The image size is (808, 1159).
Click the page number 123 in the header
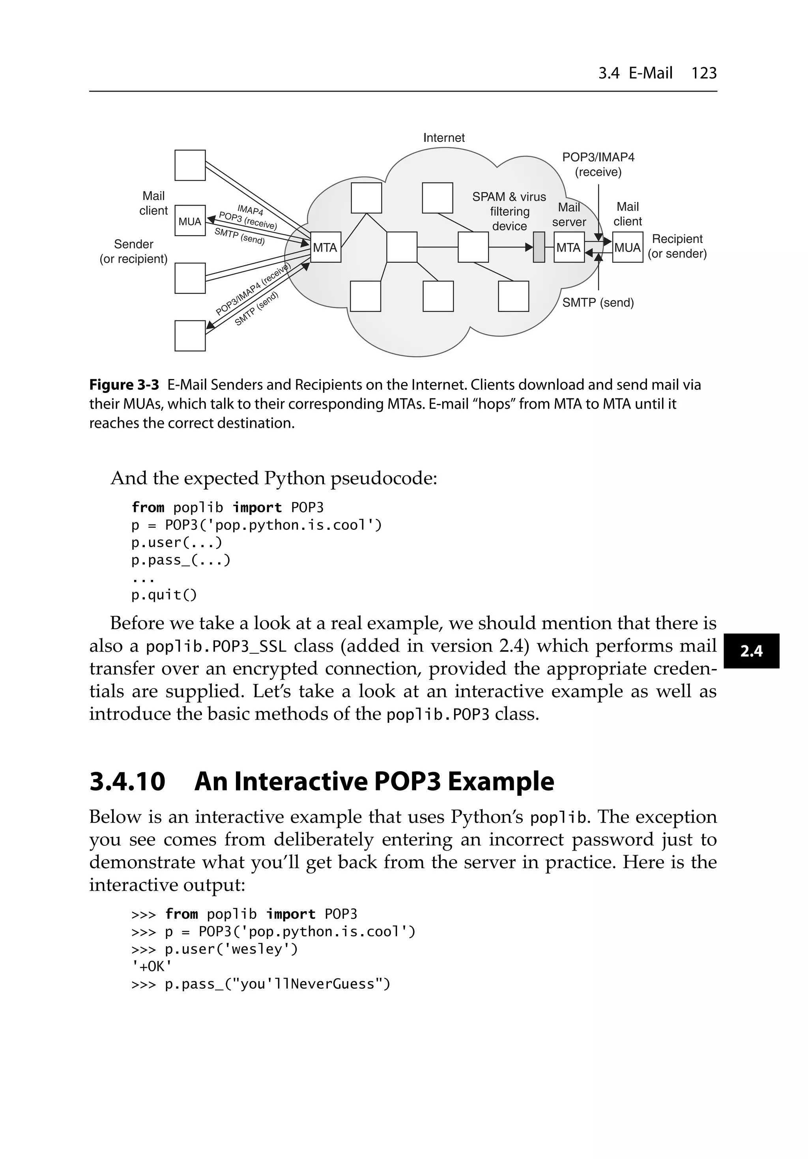pos(703,73)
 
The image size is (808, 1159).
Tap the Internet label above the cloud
pos(443,138)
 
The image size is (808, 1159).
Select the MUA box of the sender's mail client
pos(190,221)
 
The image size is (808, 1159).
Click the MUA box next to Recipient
pos(627,247)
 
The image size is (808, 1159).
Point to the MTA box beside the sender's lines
pos(325,247)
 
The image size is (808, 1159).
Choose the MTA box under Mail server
pos(569,247)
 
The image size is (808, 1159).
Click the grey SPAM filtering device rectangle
pos(539,247)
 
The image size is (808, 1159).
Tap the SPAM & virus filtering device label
pos(509,211)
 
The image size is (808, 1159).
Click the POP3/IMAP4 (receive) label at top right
pos(598,165)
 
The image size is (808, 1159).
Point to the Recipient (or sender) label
pos(677,246)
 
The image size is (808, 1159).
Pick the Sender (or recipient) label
pos(133,251)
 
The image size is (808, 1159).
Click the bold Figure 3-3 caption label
pos(124,385)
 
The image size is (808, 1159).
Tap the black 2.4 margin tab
pos(751,651)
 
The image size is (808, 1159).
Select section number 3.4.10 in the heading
pos(127,781)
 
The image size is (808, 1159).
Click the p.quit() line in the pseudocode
pos(164,595)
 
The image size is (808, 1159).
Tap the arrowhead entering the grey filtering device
pos(529,247)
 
